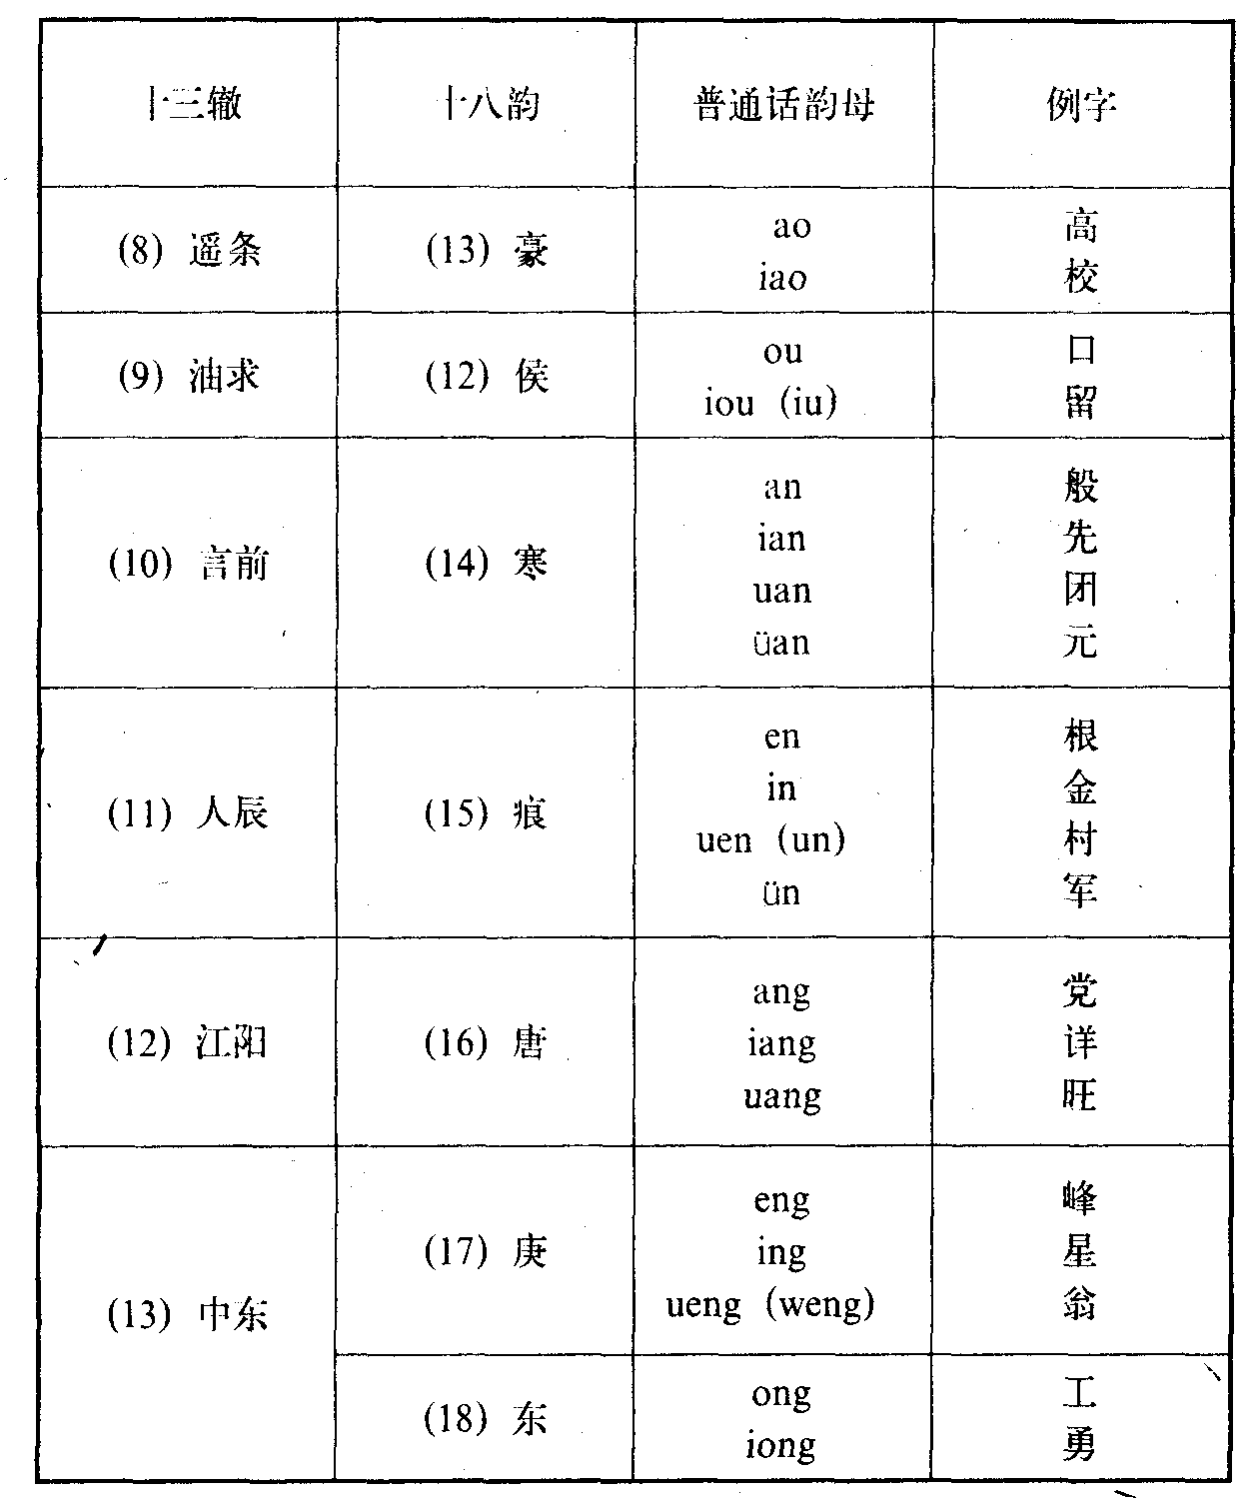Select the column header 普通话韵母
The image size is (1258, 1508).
784,104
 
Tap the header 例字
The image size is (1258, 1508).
1081,104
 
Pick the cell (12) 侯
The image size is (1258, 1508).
488,376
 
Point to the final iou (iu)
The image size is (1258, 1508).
770,402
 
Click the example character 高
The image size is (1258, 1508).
1081,226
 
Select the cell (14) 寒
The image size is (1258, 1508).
488,564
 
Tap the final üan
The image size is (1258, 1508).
781,643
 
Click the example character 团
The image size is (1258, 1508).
1081,590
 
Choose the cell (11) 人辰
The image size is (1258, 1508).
189,813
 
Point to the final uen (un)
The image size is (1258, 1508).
771,839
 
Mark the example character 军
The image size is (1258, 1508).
1081,891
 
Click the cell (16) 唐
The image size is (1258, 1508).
488,1043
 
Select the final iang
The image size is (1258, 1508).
781,1043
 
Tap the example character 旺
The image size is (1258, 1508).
1081,1095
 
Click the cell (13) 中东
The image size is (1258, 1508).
189,1313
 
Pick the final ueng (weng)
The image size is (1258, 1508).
770,1304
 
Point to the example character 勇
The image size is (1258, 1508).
1081,1445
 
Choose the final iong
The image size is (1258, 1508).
781,1445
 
